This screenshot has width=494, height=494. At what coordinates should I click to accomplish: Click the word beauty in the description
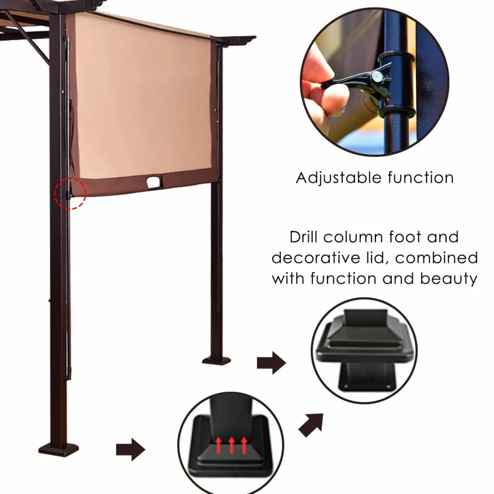449,278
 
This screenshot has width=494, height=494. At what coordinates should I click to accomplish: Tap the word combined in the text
437,258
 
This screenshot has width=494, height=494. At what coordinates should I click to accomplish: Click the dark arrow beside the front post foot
131,449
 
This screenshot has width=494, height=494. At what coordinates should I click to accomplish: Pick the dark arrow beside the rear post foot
271,363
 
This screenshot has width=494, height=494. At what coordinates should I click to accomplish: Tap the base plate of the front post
59,451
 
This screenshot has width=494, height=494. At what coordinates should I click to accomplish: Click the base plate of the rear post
217,361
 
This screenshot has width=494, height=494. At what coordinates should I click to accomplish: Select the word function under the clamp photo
420,178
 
